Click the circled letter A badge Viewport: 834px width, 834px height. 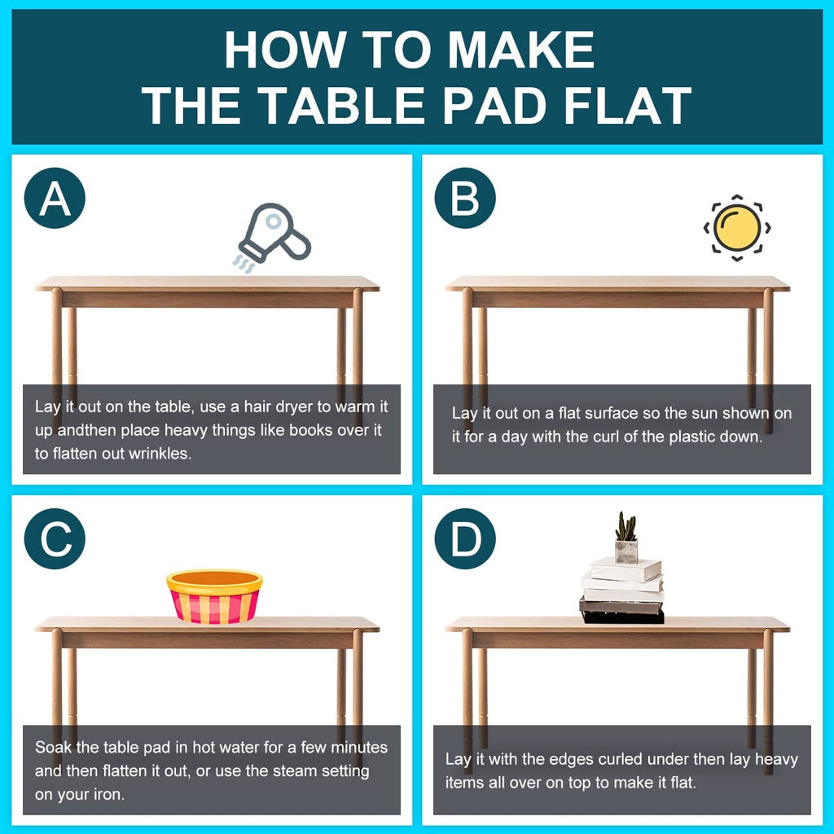[x=55, y=199]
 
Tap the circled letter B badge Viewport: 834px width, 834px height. [x=465, y=199]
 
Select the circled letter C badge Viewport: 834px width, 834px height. [x=55, y=539]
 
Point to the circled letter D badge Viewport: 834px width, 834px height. [x=465, y=539]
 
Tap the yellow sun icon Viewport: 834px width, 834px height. [x=736, y=228]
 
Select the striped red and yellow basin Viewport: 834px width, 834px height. [x=214, y=595]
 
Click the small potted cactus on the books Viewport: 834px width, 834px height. [x=626, y=538]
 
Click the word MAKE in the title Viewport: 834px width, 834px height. [x=521, y=50]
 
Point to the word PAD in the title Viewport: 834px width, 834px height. [x=495, y=106]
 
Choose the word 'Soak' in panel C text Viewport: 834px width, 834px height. [x=53, y=748]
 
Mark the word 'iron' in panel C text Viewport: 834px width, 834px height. [x=110, y=795]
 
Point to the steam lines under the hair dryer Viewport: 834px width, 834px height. [x=244, y=263]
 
